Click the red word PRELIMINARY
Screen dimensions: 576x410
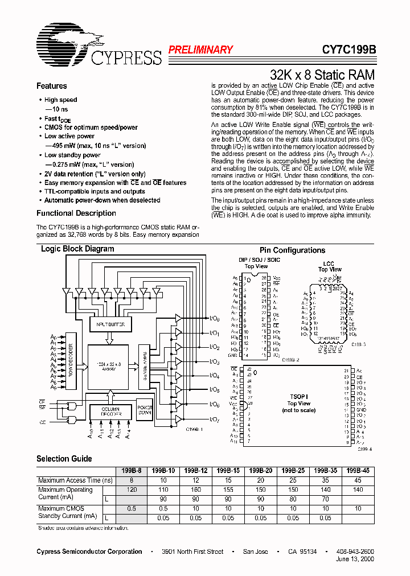click(x=200, y=50)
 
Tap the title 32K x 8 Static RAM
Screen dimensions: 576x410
click(x=322, y=75)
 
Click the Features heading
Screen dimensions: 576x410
click(x=52, y=86)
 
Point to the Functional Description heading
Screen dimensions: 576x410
click(x=76, y=213)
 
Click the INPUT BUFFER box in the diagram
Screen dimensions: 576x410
click(x=111, y=324)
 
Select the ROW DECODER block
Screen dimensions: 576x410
click(x=71, y=361)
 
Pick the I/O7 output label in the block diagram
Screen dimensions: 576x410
click(x=215, y=420)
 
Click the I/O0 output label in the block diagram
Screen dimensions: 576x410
click(x=215, y=318)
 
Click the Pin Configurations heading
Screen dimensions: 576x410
click(x=292, y=250)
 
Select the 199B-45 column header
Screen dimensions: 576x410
click(x=358, y=471)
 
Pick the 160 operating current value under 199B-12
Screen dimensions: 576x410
click(x=196, y=489)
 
